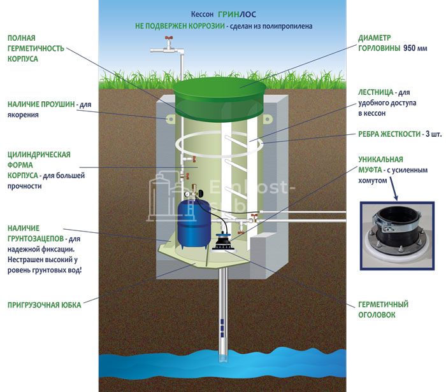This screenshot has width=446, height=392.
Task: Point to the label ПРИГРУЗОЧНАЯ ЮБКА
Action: [x=44, y=305]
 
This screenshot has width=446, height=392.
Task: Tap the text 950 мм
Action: [x=417, y=48]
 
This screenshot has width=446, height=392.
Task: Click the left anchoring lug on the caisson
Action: [x=170, y=119]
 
